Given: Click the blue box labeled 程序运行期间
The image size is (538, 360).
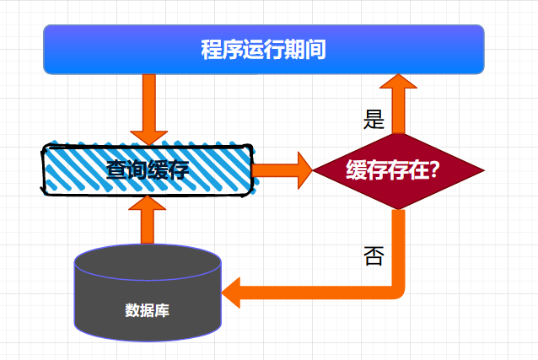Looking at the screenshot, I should [263, 50].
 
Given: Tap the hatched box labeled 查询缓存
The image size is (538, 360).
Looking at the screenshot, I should [148, 169].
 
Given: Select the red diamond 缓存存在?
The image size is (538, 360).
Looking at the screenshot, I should [399, 170].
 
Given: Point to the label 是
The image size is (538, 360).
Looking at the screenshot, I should [373, 120].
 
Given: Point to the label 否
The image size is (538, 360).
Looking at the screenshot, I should [373, 255].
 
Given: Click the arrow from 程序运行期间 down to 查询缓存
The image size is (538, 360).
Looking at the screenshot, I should [149, 108].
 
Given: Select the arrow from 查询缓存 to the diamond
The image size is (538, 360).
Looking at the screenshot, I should [282, 169].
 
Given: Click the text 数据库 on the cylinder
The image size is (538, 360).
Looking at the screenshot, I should [148, 309].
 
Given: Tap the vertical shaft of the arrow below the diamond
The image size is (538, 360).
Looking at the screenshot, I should [399, 244].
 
